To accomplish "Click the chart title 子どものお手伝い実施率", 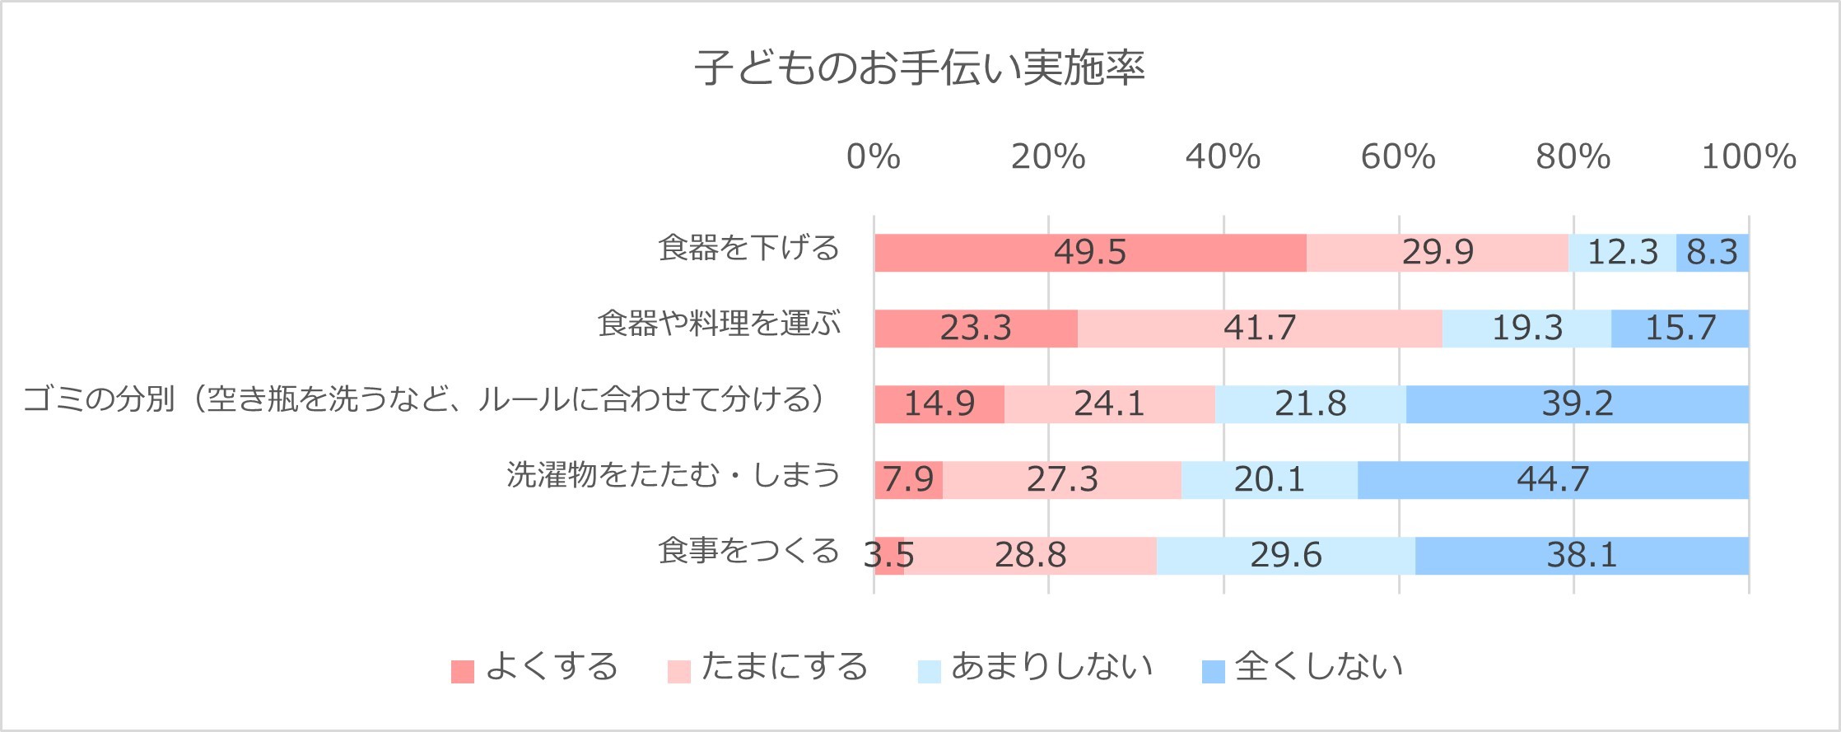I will coord(919,68).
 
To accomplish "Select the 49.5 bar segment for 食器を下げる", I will coord(1090,252).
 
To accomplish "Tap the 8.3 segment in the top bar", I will coord(1712,252).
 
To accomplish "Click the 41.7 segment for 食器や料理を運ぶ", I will coord(1260,328).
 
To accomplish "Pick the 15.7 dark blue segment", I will coord(1680,328).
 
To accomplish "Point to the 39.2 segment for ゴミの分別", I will coord(1577,403).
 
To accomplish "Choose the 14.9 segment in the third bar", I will coord(939,403).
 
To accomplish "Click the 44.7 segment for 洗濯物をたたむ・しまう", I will coord(1553,479).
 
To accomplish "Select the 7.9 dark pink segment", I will coord(908,479).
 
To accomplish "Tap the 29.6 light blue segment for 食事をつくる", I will coord(1285,555).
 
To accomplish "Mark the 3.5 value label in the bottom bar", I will coord(888,555).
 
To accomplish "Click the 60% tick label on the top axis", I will coord(1398,156).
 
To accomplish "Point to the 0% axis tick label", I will coord(874,156).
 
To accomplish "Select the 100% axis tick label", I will coord(1749,156).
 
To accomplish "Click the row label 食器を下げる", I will coord(748,248).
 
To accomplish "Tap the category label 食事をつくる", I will coord(748,551).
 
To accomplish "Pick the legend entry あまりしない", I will coord(1051,667).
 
